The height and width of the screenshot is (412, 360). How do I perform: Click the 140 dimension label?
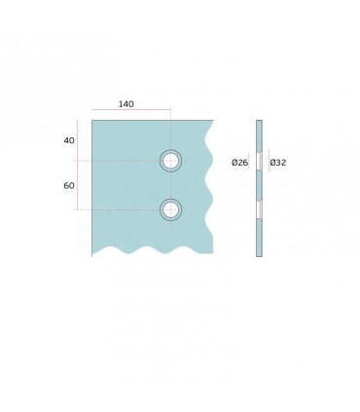coord(126,103)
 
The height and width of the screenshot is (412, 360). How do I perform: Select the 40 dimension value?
coord(69,140)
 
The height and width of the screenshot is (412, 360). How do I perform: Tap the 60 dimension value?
coord(69,185)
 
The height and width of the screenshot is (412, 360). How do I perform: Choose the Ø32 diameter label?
coord(277,163)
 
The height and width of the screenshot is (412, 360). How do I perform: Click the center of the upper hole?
coord(171,161)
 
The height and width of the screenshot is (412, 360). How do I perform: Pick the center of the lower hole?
coord(171,208)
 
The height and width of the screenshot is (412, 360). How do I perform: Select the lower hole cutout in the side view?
coord(259,209)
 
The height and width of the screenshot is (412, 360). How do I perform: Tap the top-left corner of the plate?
coord(92,120)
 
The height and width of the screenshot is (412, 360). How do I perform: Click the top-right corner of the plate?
coord(212,120)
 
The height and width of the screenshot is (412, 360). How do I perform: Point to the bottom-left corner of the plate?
coord(92,254)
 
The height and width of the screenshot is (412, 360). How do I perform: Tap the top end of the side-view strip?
coord(259,121)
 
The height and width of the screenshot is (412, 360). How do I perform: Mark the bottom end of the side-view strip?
coord(259,255)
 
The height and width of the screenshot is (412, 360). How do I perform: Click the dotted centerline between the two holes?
coord(171,185)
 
